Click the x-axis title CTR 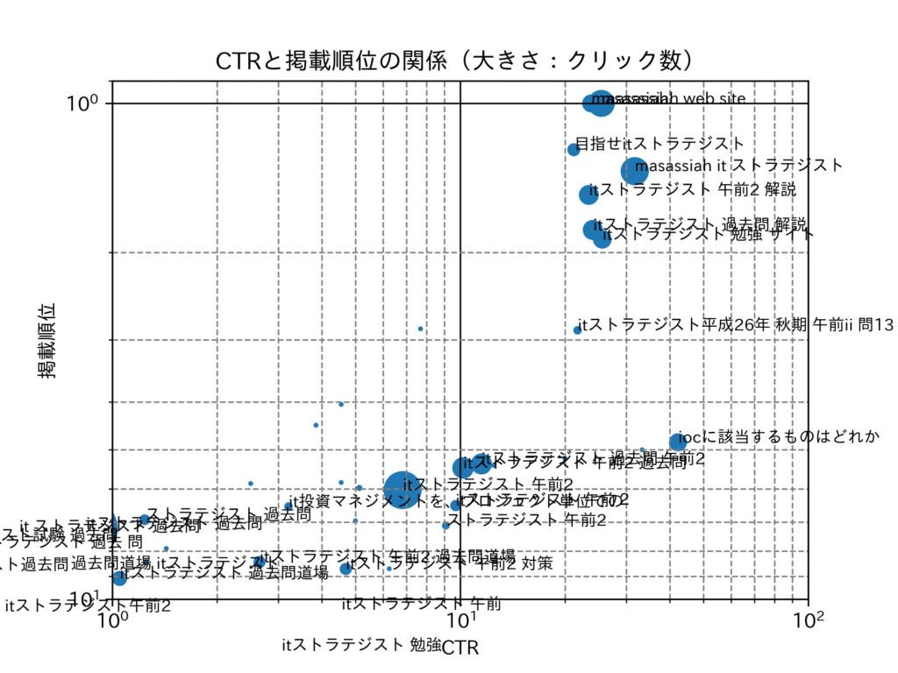click(460, 649)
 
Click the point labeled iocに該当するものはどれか click(677, 443)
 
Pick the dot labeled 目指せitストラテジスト click(574, 149)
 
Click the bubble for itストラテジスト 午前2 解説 click(588, 195)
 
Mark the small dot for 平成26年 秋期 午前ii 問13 click(577, 330)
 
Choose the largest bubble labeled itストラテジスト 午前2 click(402, 487)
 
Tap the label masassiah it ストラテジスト click(738, 165)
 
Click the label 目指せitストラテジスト click(659, 143)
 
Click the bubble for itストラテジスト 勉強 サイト click(602, 238)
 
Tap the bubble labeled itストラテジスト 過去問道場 click(119, 577)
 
